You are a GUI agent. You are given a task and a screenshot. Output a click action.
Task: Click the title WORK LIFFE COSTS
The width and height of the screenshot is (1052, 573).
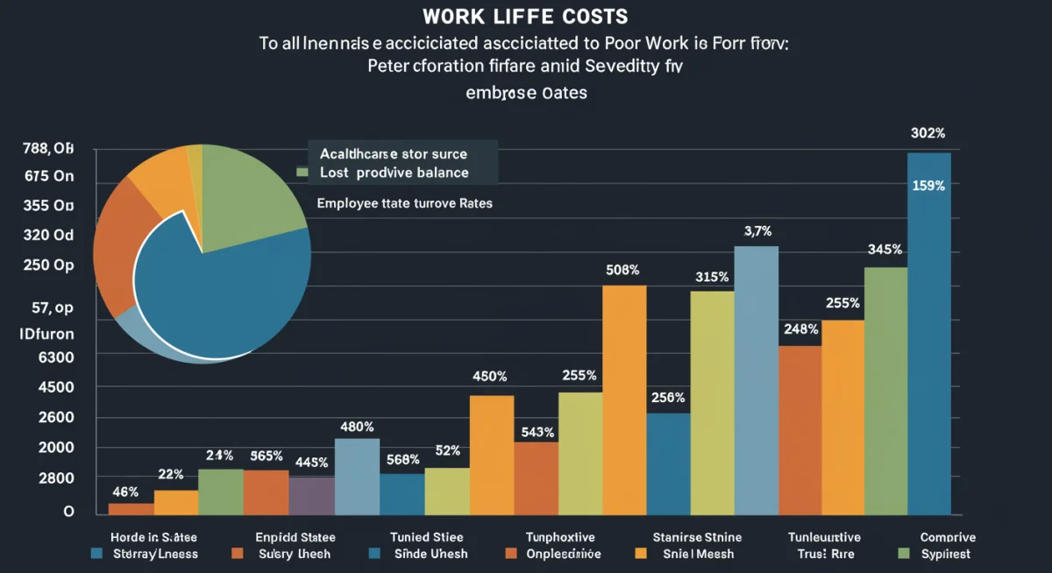tap(524, 18)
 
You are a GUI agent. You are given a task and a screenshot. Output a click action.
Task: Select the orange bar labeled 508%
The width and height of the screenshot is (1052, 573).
tap(624, 399)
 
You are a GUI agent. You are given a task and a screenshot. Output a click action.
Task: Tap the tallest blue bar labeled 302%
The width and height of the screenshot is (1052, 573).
tap(929, 333)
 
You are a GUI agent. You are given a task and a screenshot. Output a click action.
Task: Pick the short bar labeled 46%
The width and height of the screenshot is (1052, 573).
tap(131, 508)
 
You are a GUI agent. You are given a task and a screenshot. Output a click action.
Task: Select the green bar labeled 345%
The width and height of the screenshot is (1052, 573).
tap(885, 390)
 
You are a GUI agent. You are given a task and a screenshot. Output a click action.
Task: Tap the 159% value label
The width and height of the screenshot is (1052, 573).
tap(928, 186)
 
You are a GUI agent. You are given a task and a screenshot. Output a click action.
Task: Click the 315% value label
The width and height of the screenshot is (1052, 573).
tap(711, 277)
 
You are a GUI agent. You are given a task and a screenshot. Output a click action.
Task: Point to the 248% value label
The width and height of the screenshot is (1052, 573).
tap(801, 329)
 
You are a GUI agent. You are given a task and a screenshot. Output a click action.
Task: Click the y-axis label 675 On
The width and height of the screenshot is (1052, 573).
tap(49, 176)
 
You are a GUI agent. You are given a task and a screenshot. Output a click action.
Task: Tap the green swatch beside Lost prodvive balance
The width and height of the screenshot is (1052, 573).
tap(303, 173)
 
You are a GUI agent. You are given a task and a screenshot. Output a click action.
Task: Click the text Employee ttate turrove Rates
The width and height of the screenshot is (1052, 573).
tap(404, 202)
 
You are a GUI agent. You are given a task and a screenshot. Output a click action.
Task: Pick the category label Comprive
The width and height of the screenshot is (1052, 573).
tap(948, 537)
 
